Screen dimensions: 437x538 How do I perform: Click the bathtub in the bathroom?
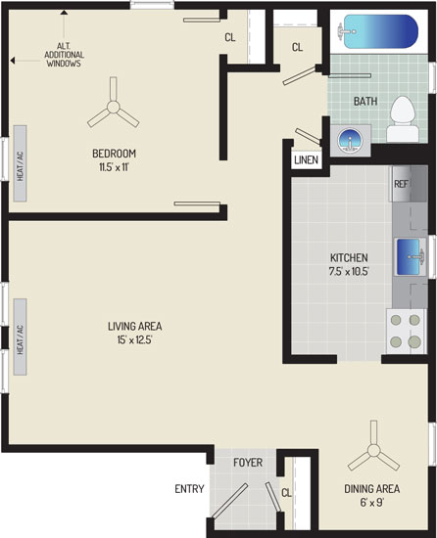click(x=378, y=31)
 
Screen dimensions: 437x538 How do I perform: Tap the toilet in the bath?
click(x=403, y=119)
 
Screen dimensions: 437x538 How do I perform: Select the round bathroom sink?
click(x=350, y=140)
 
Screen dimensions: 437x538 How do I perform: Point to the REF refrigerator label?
click(x=401, y=184)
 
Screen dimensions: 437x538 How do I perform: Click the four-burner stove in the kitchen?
click(x=406, y=331)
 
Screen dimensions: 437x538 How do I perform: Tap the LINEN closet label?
click(x=306, y=159)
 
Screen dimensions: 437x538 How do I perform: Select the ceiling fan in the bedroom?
click(x=113, y=107)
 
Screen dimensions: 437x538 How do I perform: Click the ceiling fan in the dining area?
click(x=373, y=450)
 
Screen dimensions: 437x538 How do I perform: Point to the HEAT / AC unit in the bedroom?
click(x=21, y=163)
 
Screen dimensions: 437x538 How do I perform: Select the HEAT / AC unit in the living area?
click(x=21, y=336)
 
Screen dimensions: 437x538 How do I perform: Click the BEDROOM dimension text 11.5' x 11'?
click(x=114, y=168)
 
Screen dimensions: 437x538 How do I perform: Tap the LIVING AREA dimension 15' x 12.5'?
click(x=134, y=340)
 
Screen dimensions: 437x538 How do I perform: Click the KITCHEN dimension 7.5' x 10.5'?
click(x=349, y=272)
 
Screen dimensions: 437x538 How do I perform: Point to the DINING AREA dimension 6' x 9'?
click(x=372, y=503)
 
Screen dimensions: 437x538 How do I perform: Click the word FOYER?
click(x=248, y=463)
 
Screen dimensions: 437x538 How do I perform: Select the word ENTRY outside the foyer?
click(x=189, y=488)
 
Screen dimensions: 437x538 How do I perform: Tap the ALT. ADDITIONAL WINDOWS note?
click(x=64, y=55)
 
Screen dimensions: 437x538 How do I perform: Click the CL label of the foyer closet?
click(x=286, y=493)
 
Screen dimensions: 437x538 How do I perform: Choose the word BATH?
click(x=365, y=101)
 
